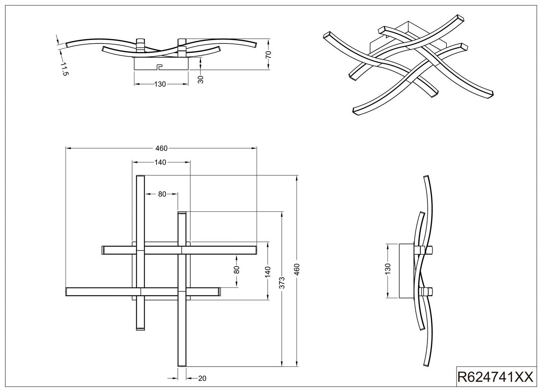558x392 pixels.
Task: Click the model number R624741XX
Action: point(495,377)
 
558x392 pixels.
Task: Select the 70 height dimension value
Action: point(268,54)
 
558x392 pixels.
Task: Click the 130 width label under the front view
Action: point(160,84)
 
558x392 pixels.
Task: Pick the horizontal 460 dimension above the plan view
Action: point(162,148)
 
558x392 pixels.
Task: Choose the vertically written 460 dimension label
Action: point(297,269)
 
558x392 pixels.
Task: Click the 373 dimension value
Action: point(282,283)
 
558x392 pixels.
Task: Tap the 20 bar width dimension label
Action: point(202,378)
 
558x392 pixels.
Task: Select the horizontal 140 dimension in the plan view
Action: point(160,162)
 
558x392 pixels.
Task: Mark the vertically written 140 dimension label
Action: point(267,272)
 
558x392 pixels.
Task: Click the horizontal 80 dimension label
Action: point(162,194)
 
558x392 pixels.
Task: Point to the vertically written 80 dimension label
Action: point(236,270)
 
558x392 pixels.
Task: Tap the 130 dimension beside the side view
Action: point(387,269)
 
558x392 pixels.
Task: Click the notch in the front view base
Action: point(159,66)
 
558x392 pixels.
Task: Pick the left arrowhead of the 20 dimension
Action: point(176,378)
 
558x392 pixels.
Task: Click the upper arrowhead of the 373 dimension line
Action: point(282,214)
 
